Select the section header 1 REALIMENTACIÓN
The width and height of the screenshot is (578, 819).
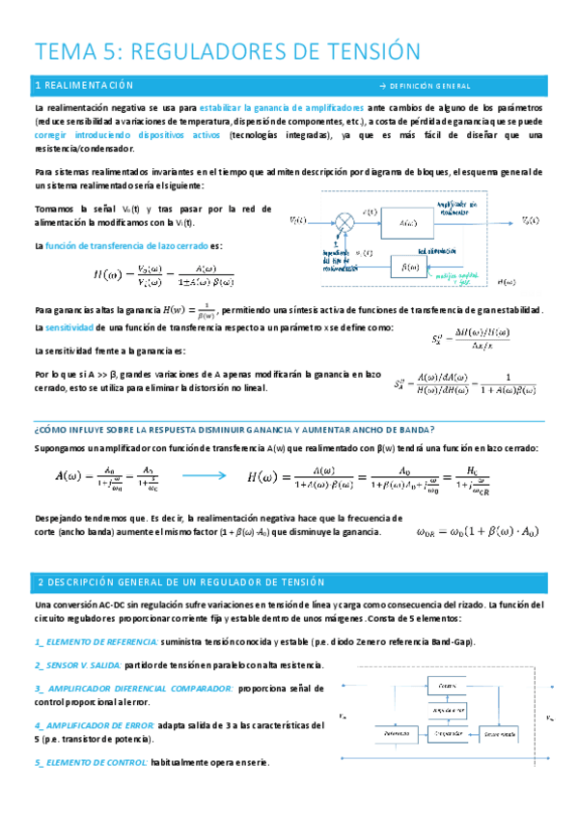click(83, 86)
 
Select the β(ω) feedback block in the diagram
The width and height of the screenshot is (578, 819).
click(414, 264)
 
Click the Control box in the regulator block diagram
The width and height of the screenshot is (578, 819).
click(447, 684)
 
